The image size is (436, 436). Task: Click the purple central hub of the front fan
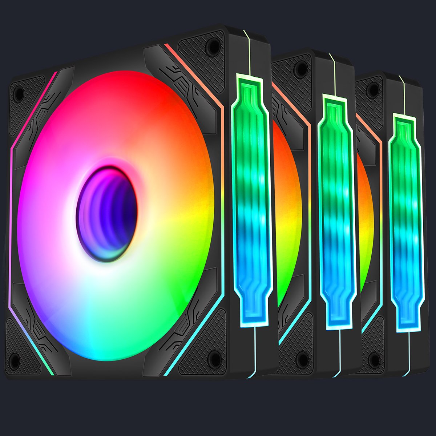click(106, 214)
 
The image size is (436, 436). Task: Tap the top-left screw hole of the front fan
click(17, 92)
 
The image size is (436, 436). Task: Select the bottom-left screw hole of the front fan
click(14, 359)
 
